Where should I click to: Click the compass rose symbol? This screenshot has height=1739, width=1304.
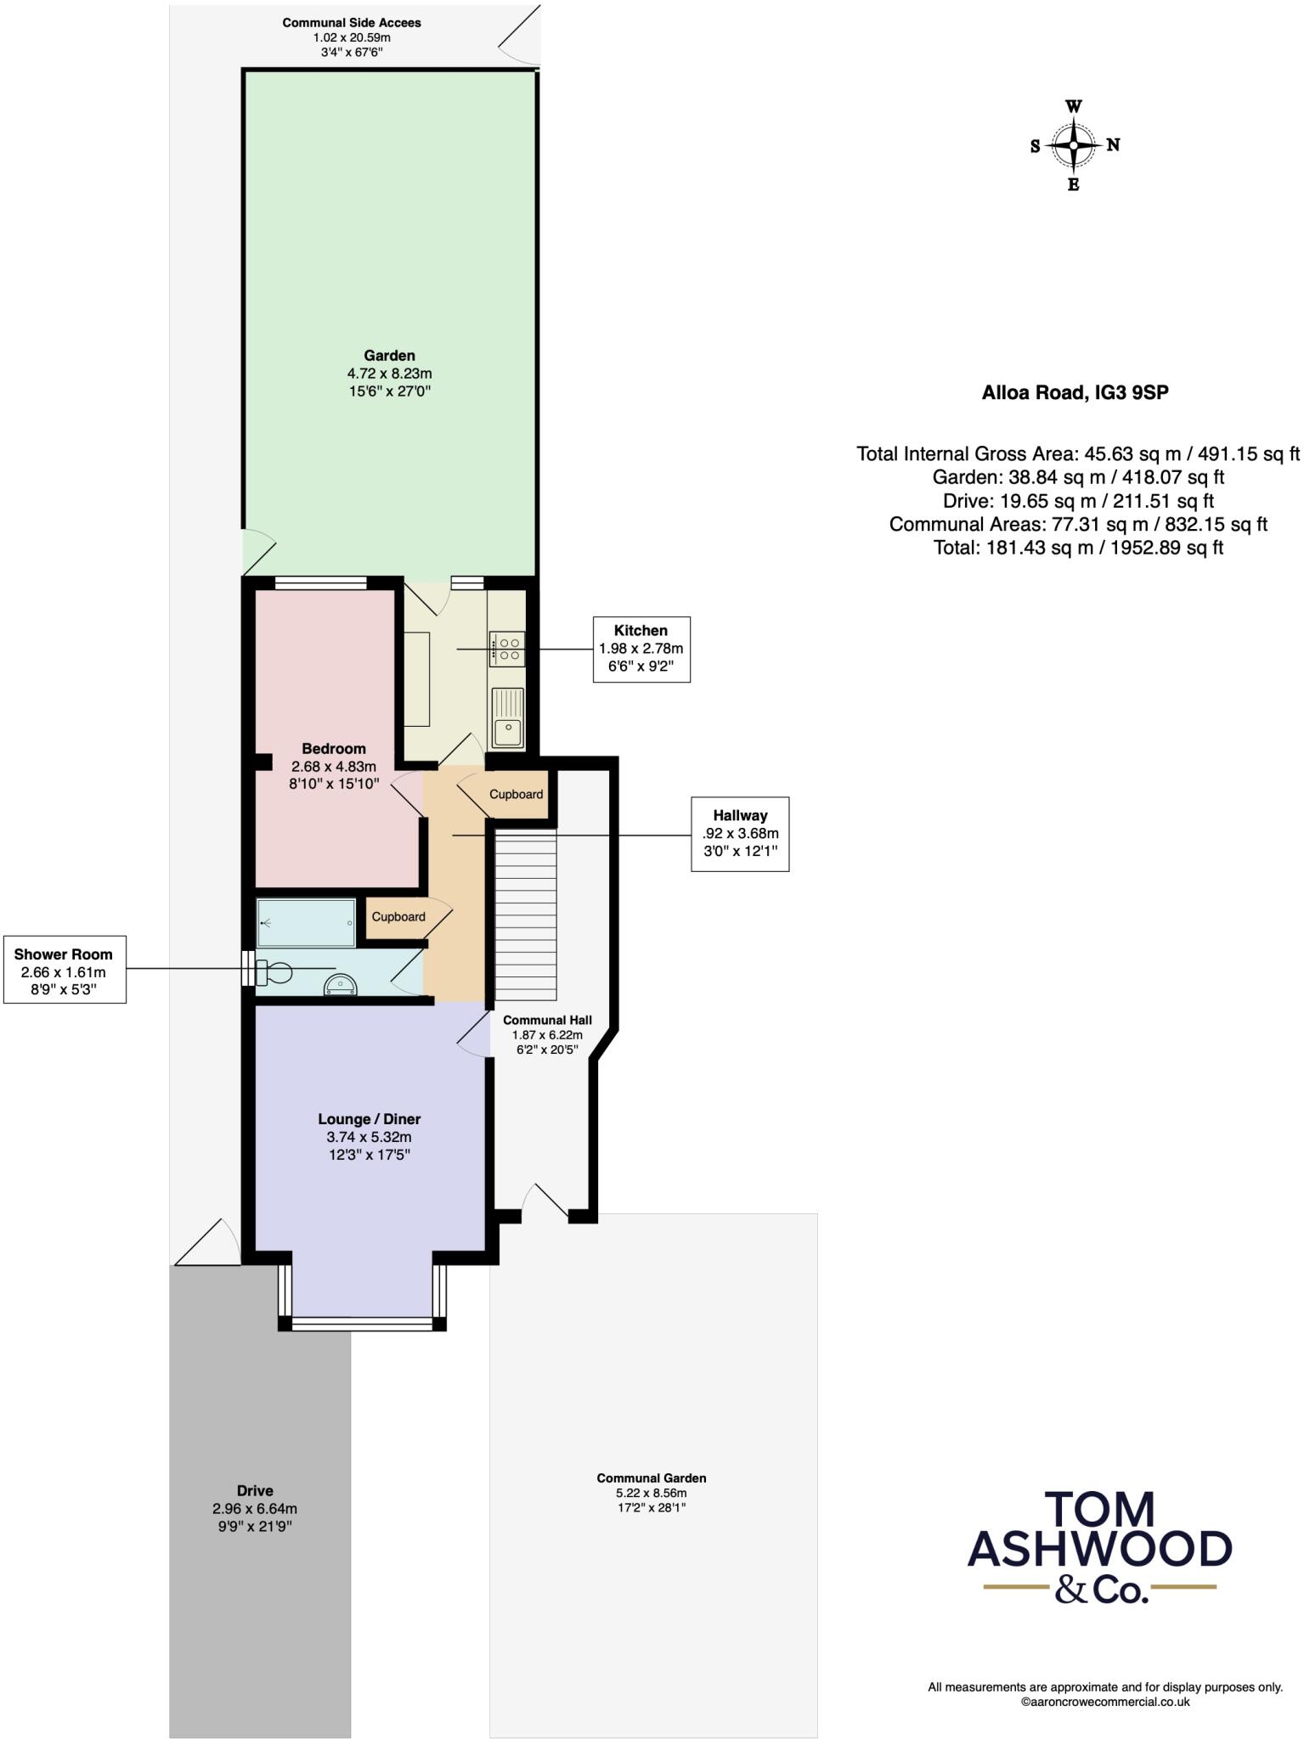(x=1074, y=146)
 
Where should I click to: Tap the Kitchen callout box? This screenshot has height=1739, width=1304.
(x=641, y=649)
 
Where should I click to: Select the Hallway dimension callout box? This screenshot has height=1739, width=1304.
(x=739, y=833)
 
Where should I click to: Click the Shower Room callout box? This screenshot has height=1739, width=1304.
(x=65, y=969)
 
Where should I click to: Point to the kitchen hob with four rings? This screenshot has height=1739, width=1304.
(x=507, y=649)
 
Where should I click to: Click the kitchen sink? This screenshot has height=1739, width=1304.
(x=507, y=718)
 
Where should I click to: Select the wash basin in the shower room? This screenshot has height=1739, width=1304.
(x=341, y=985)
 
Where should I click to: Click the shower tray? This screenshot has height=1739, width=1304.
(x=307, y=923)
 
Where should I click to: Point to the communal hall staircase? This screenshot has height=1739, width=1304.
(x=525, y=915)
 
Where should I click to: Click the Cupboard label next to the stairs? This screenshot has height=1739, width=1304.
(x=516, y=794)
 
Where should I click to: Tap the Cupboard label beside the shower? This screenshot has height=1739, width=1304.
(x=398, y=917)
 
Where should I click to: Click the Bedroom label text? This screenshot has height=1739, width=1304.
(x=334, y=748)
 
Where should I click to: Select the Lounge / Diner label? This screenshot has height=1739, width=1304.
(x=370, y=1119)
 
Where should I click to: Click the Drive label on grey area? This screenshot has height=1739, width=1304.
(x=255, y=1490)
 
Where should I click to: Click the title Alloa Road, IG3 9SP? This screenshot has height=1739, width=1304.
(x=1075, y=392)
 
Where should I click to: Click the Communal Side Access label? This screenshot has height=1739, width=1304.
(x=351, y=23)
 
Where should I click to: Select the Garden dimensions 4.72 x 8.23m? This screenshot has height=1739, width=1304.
(x=389, y=374)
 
